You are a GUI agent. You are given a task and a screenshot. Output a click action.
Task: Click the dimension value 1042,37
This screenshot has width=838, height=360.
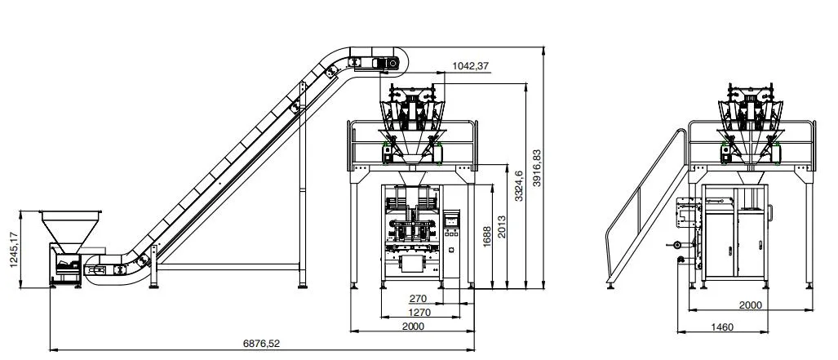(470, 66)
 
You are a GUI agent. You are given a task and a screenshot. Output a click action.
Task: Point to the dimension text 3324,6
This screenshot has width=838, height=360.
(519, 186)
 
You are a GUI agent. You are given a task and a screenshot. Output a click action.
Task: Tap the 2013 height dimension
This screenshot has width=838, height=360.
(501, 227)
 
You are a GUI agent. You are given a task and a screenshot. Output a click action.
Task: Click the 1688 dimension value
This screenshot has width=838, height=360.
(486, 236)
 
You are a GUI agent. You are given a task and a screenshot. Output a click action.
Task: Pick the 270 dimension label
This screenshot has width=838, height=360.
(418, 299)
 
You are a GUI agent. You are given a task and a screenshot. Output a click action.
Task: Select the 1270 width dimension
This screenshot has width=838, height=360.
(419, 312)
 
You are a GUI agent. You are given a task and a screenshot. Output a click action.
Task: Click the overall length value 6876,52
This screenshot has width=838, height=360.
(261, 344)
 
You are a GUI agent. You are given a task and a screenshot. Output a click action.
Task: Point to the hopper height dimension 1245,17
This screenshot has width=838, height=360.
(14, 250)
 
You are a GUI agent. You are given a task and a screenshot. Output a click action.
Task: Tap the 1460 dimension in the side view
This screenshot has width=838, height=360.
(723, 327)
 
